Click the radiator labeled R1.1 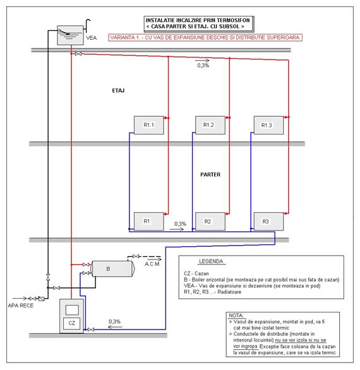[x=148, y=125]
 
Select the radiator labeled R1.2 [x=210, y=125]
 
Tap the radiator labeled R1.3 [x=268, y=125]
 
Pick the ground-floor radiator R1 [x=148, y=222]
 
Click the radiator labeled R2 [x=210, y=222]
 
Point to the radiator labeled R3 [x=268, y=222]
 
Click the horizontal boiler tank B [x=113, y=268]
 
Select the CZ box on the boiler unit [x=72, y=323]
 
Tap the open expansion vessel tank [x=70, y=35]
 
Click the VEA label [x=91, y=38]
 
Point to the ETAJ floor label [x=118, y=91]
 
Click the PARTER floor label [x=210, y=175]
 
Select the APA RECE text [x=21, y=306]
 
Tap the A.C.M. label [x=152, y=264]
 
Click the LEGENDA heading [x=211, y=261]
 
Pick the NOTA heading [x=236, y=316]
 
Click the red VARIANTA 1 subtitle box [x=205, y=37]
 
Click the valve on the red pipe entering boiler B [x=86, y=265]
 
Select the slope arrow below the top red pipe [x=202, y=61]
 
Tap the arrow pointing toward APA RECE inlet [x=20, y=299]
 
